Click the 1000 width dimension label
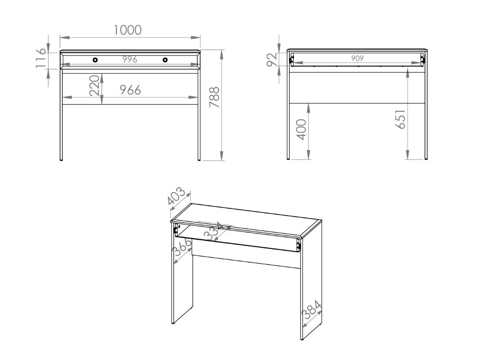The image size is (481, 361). click(x=127, y=30)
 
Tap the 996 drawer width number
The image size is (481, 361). click(x=129, y=60)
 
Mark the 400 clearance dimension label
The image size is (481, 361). click(x=301, y=129)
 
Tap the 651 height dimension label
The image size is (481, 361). click(x=400, y=119)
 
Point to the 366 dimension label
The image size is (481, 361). click(x=182, y=248)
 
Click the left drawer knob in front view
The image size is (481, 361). click(x=95, y=60)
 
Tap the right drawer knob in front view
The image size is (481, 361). click(x=165, y=60)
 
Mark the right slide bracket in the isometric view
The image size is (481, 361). click(x=298, y=245)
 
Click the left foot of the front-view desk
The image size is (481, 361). click(x=61, y=159)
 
